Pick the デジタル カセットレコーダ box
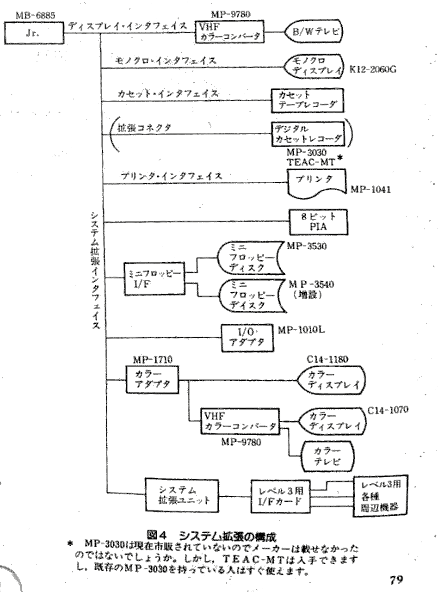(308, 133)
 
